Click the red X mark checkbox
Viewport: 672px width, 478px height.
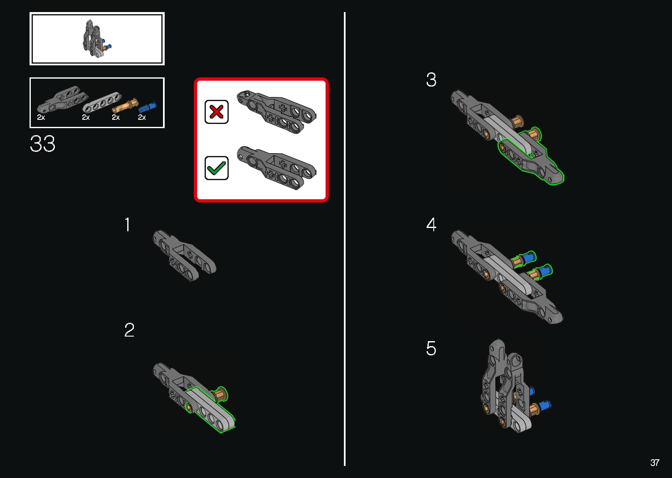click(216, 112)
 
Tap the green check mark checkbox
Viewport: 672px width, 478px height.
click(216, 168)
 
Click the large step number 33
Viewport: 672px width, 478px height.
click(42, 144)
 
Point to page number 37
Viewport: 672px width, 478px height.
click(655, 462)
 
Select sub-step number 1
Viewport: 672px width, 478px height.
click(128, 225)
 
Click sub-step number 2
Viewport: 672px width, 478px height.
click(129, 330)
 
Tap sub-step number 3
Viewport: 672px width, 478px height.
click(431, 80)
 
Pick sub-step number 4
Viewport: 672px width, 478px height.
click(431, 225)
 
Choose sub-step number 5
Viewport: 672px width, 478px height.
click(431, 348)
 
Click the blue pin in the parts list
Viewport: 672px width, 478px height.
click(147, 107)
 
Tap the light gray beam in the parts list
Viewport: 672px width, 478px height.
click(102, 102)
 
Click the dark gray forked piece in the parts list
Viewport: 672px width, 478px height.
click(62, 99)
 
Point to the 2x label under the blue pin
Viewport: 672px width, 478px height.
click(142, 117)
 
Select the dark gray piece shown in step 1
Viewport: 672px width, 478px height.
click(184, 255)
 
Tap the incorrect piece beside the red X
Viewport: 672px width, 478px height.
click(276, 111)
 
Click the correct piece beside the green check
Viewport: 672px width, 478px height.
click(276, 168)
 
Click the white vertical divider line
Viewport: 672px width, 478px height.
click(345, 239)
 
